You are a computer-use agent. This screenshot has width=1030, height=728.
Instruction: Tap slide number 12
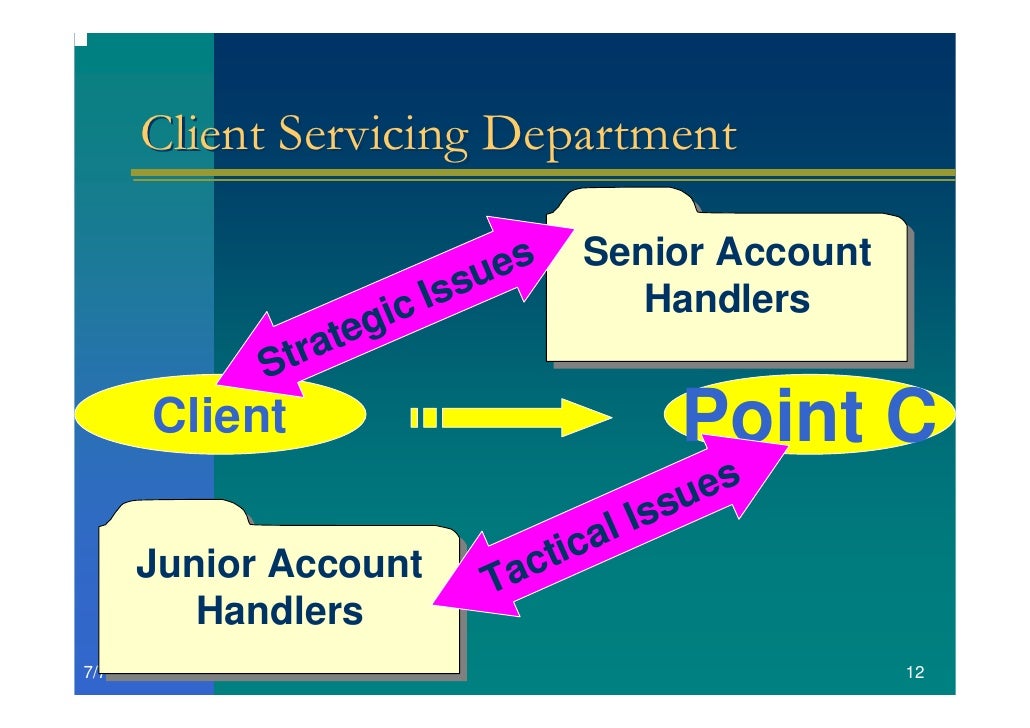(913, 673)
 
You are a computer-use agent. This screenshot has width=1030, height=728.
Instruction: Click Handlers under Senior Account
(727, 298)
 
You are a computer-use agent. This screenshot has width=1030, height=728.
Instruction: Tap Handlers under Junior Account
(279, 609)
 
